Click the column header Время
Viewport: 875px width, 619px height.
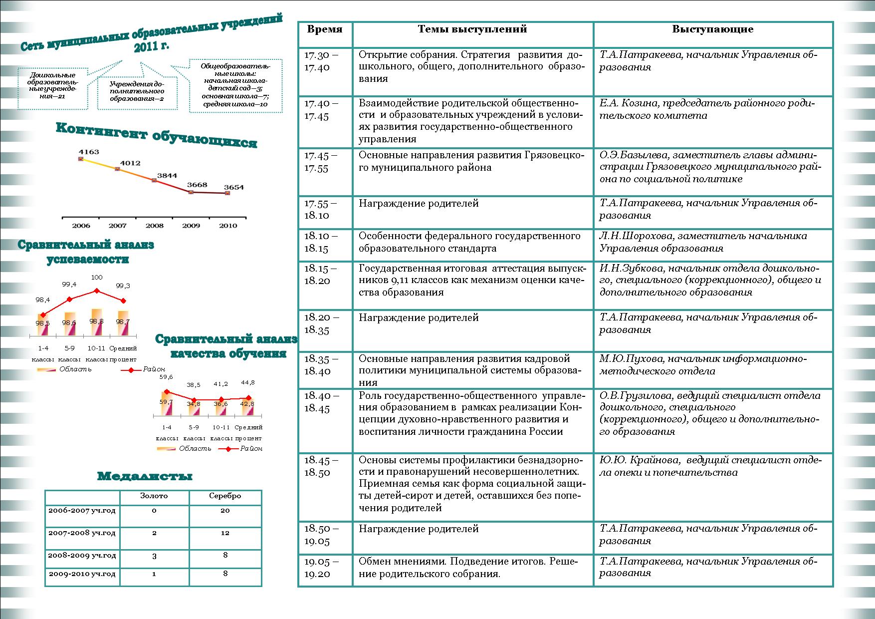click(x=325, y=29)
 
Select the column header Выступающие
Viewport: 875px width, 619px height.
click(x=712, y=29)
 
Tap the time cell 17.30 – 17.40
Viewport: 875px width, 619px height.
click(x=321, y=61)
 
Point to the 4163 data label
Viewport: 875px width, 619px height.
click(x=89, y=152)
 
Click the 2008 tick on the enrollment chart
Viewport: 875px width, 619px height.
click(x=154, y=226)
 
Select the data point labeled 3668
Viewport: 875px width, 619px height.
click(x=191, y=192)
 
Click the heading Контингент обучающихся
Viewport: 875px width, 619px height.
click(x=156, y=135)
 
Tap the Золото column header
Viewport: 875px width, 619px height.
click(x=154, y=496)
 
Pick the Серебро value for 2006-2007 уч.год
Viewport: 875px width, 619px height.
click(x=225, y=510)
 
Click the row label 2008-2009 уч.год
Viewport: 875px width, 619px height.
click(x=82, y=555)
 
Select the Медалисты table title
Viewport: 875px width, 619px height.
click(x=145, y=476)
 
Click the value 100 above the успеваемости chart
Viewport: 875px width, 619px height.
click(x=96, y=277)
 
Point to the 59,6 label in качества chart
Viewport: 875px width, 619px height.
click(x=166, y=377)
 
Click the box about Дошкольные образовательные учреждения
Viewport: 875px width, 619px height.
click(x=52, y=85)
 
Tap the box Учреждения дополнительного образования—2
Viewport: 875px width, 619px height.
click(x=137, y=91)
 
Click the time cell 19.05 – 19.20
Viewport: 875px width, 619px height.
click(x=321, y=568)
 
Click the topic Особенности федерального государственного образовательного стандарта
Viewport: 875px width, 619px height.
click(x=469, y=242)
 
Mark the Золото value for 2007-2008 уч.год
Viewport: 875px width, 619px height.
click(x=154, y=533)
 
